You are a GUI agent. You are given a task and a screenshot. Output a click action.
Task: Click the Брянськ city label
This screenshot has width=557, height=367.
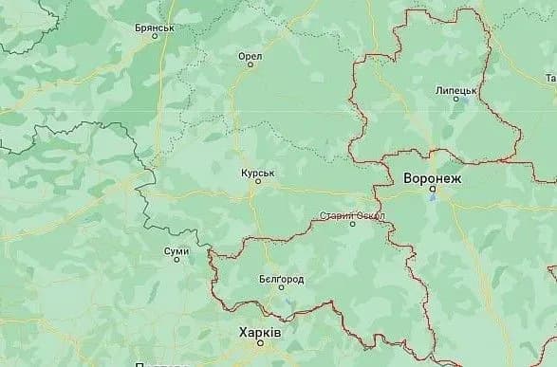pyautogui.click(x=154, y=28)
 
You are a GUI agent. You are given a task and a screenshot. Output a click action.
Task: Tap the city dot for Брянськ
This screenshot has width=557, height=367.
pyautogui.click(x=155, y=39)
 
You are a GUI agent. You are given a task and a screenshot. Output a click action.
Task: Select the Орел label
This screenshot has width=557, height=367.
pyautogui.click(x=250, y=56)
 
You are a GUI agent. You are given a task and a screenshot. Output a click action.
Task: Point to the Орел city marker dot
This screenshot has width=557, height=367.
pyautogui.click(x=251, y=67)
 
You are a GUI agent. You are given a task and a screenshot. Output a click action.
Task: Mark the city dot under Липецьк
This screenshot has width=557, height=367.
pyautogui.click(x=456, y=101)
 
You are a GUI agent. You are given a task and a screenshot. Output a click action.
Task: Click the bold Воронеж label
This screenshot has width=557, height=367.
pyautogui.click(x=432, y=176)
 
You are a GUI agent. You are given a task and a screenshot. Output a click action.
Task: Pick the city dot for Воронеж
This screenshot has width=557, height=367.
pyautogui.click(x=433, y=189)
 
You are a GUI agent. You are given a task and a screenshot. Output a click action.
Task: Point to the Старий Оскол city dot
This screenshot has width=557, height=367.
pyautogui.click(x=352, y=225)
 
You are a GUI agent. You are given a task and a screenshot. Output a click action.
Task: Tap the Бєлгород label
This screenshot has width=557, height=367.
pyautogui.click(x=281, y=281)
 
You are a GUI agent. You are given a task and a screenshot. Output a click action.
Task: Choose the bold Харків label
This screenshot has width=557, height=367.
pyautogui.click(x=259, y=334)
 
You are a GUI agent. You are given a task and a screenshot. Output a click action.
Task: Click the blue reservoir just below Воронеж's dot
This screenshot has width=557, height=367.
pyautogui.click(x=435, y=199)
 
